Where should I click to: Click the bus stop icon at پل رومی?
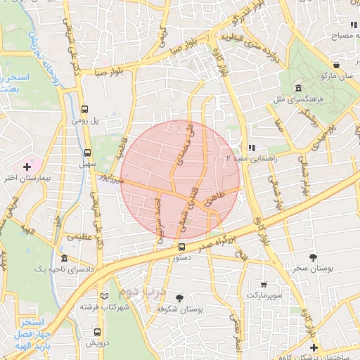pos(86,109)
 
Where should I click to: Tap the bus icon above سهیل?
pos(87,152)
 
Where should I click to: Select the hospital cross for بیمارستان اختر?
pos(27,167)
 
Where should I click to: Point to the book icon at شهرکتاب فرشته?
pos(104,295)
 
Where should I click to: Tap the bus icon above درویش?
pos(96,333)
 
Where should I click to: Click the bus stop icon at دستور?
pos(181,247)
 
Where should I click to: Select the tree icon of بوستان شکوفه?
pos(179,298)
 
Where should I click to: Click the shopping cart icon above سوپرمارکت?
pos(264,285)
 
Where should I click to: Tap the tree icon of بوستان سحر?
pos(313,257)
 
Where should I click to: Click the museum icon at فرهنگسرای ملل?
pos(299,89)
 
